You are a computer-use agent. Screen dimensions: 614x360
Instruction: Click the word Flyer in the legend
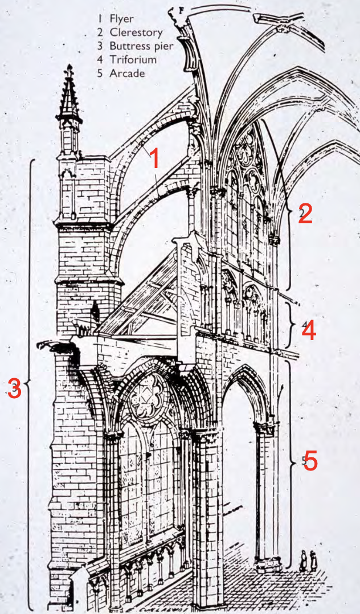[x=122, y=19]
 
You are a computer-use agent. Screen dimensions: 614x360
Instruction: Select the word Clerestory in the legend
[x=136, y=32]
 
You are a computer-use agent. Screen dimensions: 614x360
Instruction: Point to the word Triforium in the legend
[x=134, y=59]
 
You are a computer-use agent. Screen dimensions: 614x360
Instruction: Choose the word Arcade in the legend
[x=128, y=73]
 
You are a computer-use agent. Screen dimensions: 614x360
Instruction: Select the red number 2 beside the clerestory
[x=305, y=214]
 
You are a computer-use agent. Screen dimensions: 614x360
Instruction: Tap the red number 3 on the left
[x=15, y=389]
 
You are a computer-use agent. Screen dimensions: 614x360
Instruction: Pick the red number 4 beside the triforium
[x=308, y=330]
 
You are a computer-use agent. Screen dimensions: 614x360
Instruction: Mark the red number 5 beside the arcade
[x=310, y=461]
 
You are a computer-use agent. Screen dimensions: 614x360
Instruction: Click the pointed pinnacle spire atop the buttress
[x=69, y=97]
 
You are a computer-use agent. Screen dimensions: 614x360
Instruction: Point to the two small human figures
[x=308, y=560]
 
